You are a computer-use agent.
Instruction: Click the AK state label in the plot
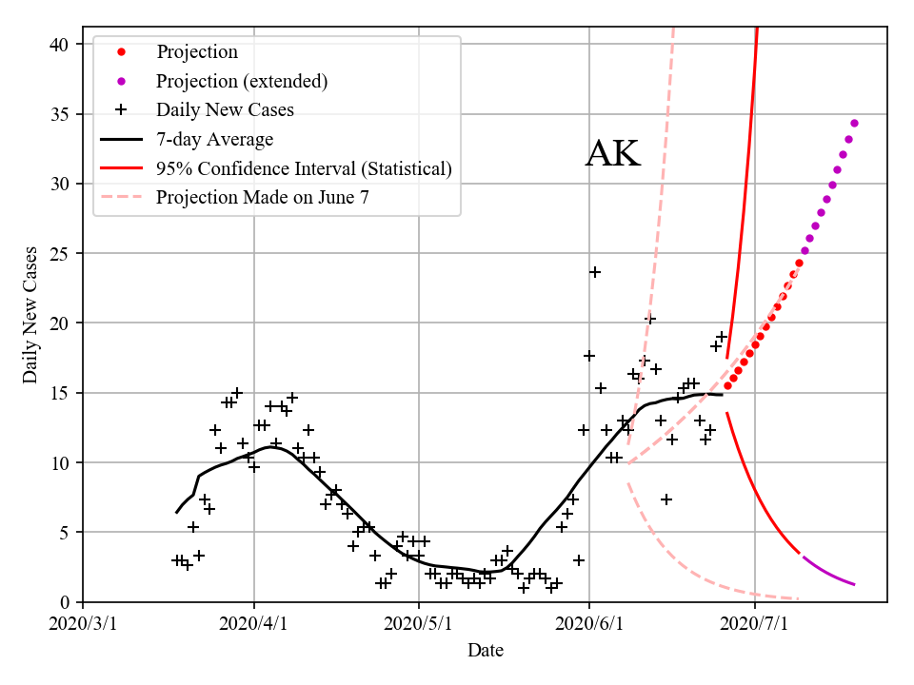612,154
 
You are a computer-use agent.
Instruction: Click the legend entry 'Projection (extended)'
242,81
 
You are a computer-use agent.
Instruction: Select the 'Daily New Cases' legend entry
225,109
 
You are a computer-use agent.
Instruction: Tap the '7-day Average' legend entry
214,139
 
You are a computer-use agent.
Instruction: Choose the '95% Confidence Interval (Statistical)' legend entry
304,168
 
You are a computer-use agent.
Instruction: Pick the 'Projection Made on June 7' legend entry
262,198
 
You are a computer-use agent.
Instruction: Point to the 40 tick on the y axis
64,45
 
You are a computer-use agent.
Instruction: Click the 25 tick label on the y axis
64,254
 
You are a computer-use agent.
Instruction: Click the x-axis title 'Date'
485,651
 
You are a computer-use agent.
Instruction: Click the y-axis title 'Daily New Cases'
30,315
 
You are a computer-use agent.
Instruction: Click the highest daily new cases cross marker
595,272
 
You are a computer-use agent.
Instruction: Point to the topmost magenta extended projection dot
854,123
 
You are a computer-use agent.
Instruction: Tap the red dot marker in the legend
121,51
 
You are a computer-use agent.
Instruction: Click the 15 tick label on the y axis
64,393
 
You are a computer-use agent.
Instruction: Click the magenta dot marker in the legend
121,81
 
